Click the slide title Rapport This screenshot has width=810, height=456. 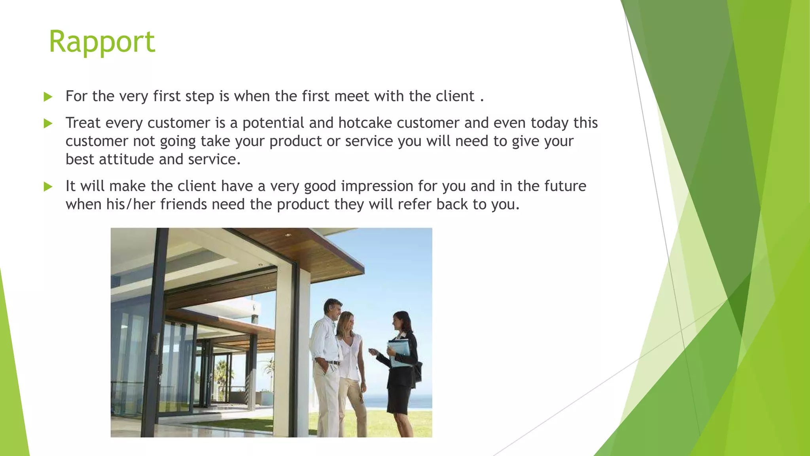coord(102,42)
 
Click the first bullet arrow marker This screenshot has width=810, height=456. coord(48,97)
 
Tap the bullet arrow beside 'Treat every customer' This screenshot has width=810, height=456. coord(48,123)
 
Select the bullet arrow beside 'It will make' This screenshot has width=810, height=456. coord(48,186)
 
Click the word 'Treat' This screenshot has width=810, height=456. coord(83,123)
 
